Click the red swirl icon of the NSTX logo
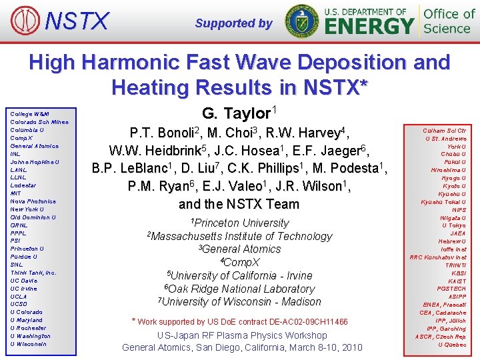[x=21, y=21]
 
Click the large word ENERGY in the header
[x=369, y=27]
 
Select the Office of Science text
[x=449, y=21]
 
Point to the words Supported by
[x=233, y=23]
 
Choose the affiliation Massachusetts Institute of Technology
[x=239, y=236]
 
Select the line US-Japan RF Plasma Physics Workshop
[x=242, y=335]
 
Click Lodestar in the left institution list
[x=24, y=185]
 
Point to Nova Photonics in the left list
[x=33, y=201]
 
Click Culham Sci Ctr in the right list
[x=444, y=131]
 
